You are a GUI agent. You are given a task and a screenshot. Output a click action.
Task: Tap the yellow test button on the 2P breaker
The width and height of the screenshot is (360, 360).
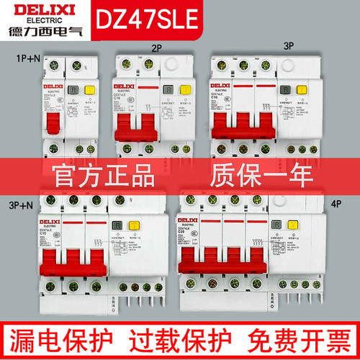182,91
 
